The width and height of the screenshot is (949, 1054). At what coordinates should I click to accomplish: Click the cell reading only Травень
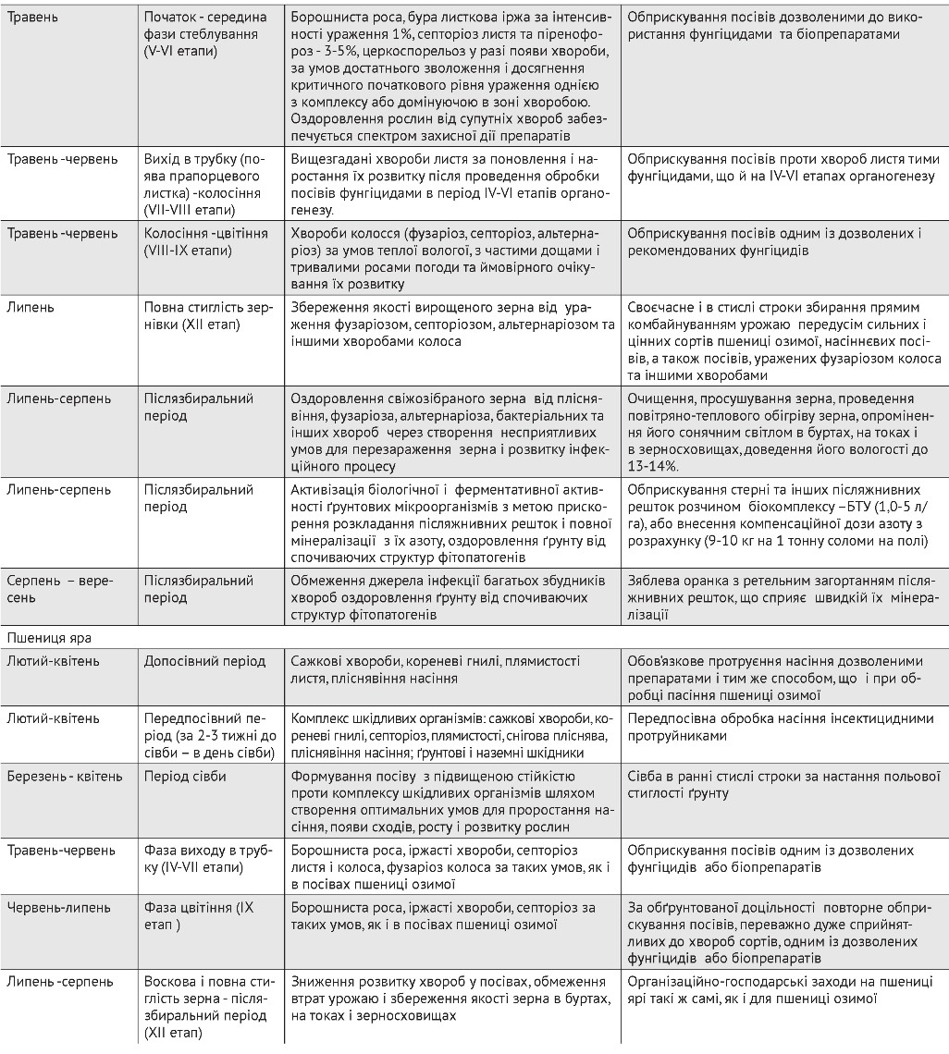32,18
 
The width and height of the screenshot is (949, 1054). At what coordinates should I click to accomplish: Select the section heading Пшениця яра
45,637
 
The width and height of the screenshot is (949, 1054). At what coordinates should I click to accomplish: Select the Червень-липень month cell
56,902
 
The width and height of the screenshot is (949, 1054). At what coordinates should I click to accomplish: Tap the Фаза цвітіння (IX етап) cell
199,911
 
